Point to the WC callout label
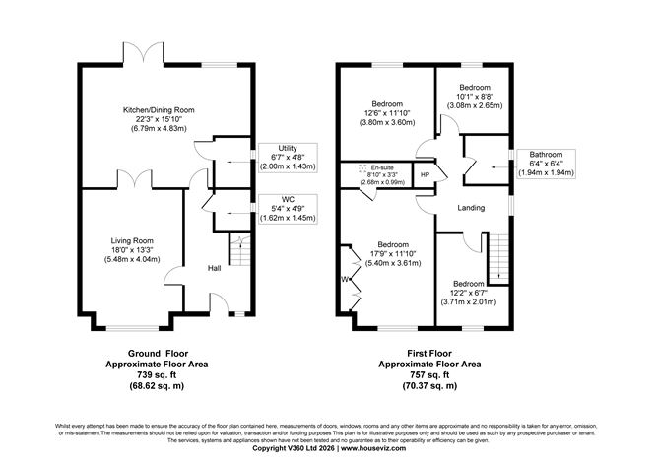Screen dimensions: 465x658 click(288, 200)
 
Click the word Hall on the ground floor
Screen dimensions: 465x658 click(213, 268)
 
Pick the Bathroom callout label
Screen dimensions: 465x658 click(546, 154)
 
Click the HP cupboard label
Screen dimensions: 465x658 click(425, 176)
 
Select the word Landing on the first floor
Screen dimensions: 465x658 click(472, 208)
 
